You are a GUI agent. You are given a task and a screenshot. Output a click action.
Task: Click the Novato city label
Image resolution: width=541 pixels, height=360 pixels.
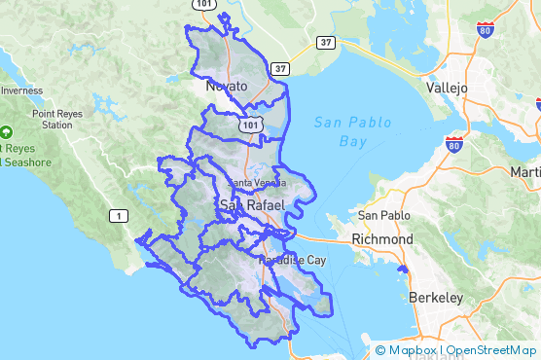click(227, 87)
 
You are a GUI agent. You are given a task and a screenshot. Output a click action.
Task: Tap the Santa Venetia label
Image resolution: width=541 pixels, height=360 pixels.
click(256, 183)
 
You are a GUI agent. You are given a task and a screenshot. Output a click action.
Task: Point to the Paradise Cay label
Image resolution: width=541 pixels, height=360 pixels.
click(293, 261)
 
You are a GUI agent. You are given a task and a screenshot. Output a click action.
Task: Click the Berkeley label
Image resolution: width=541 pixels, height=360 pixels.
click(435, 297)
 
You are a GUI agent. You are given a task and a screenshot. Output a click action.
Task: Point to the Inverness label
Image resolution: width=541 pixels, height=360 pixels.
click(20, 90)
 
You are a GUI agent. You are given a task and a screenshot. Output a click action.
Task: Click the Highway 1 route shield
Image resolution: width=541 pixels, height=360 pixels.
click(117, 215)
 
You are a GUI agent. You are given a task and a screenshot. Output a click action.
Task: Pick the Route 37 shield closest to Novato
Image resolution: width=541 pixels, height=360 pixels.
click(280, 68)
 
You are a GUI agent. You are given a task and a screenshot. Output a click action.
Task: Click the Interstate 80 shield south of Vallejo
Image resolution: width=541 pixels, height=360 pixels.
click(453, 144)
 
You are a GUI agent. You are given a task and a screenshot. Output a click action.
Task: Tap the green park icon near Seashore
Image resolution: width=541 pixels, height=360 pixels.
click(7, 130)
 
